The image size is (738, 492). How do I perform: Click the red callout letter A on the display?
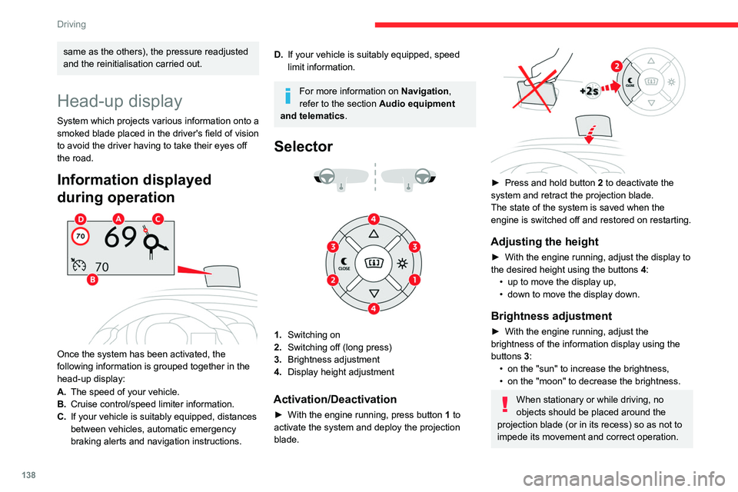pyautogui.click(x=119, y=218)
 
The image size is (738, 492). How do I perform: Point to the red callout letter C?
pyautogui.click(x=158, y=218)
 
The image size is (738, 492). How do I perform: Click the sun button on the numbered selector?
pyautogui.click(x=401, y=263)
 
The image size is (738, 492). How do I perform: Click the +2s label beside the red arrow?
pyautogui.click(x=590, y=90)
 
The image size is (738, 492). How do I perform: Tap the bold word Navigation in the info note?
pyautogui.click(x=425, y=91)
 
